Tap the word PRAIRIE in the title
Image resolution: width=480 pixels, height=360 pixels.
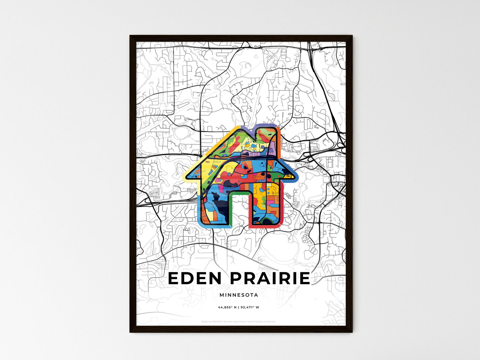[270, 278]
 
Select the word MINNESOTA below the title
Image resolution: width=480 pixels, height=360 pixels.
[239, 295]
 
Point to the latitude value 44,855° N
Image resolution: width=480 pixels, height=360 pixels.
[227, 307]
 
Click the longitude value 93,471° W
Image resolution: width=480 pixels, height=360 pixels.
[250, 307]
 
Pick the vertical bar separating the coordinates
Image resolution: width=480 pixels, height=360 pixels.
[239, 307]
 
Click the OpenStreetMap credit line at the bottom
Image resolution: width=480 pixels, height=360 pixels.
[239, 321]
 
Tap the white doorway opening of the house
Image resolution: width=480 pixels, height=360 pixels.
[239, 209]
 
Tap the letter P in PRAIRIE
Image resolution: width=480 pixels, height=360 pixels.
[236, 278]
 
